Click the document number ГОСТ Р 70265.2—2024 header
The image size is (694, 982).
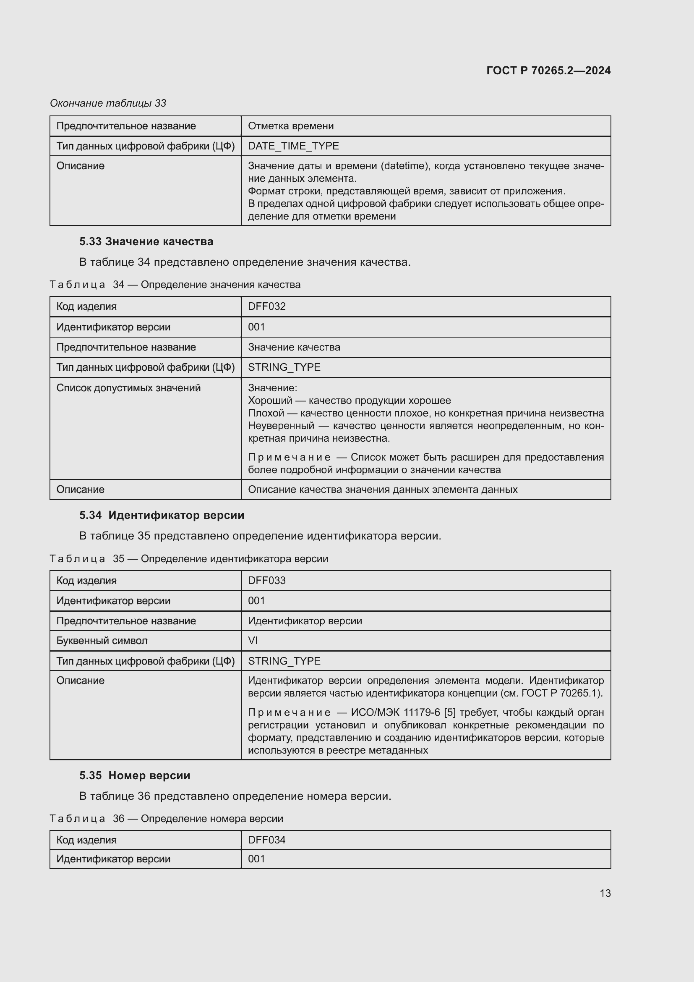[548, 71]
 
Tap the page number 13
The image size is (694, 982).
[605, 893]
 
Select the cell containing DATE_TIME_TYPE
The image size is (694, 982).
[294, 146]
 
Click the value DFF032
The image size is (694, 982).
[267, 306]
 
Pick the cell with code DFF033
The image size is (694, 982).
[267, 580]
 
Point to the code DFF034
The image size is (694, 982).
[267, 840]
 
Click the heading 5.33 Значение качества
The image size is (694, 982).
[146, 241]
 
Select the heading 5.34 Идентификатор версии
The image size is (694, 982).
[162, 515]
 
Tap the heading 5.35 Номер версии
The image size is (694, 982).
[135, 775]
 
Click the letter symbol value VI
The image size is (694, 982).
[253, 640]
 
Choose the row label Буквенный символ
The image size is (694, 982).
[102, 640]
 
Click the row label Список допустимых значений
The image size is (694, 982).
[128, 388]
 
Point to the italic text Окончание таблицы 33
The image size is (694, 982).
[108, 103]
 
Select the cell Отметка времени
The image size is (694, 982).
[291, 126]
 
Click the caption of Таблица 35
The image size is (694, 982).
[189, 558]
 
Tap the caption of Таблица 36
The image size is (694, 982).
[167, 819]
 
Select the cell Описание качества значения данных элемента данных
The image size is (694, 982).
[383, 489]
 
